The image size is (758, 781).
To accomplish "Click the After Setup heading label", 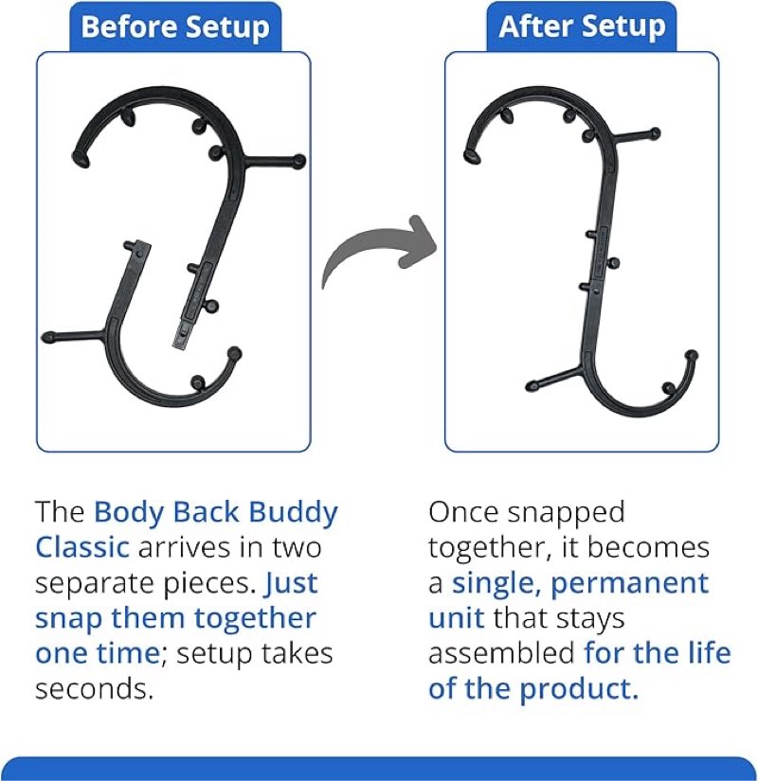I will [582, 26].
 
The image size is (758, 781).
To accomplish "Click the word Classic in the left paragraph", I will [82, 547].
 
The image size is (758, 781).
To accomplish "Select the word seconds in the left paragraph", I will [94, 688].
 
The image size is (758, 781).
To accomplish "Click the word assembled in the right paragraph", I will [501, 652].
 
